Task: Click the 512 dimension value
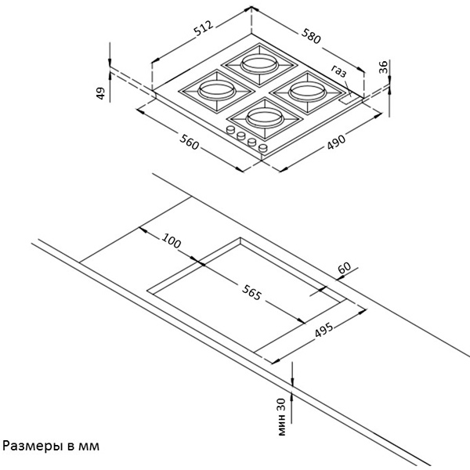(204, 28)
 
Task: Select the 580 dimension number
(311, 36)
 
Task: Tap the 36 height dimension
(383, 67)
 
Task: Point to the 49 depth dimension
(100, 93)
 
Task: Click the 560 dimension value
(189, 142)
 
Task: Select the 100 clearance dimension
(172, 240)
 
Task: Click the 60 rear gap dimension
(345, 268)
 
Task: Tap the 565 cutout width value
(251, 292)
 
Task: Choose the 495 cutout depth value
(324, 330)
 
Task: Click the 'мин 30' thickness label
(281, 417)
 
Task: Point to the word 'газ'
(339, 71)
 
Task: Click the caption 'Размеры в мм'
(51, 446)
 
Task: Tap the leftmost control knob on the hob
(230, 129)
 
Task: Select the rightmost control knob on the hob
(263, 147)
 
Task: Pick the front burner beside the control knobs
(265, 119)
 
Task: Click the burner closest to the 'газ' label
(307, 92)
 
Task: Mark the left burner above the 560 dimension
(216, 91)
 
